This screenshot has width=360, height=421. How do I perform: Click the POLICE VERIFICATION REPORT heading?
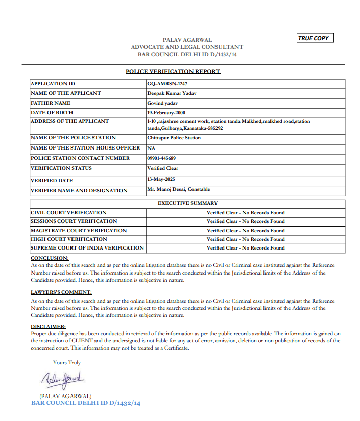coord(173,71)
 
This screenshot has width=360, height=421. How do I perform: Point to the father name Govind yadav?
coord(162,103)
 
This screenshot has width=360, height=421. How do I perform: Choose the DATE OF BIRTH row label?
coord(52,112)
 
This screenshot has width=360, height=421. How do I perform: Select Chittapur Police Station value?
coord(174,138)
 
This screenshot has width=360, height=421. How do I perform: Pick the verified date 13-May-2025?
coord(161,179)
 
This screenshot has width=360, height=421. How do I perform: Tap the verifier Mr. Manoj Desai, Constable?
coord(178,189)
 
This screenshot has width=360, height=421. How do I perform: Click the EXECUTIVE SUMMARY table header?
coord(187,203)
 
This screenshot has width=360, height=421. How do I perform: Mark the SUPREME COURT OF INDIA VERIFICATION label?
coord(87,248)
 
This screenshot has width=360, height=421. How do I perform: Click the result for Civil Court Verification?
coord(246,213)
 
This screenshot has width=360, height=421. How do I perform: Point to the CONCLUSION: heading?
coord(50,258)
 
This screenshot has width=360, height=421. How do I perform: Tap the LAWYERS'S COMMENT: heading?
coord(61,292)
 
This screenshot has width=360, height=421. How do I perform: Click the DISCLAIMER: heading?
coord(48,326)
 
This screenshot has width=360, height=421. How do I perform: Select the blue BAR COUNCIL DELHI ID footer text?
coord(86,403)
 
